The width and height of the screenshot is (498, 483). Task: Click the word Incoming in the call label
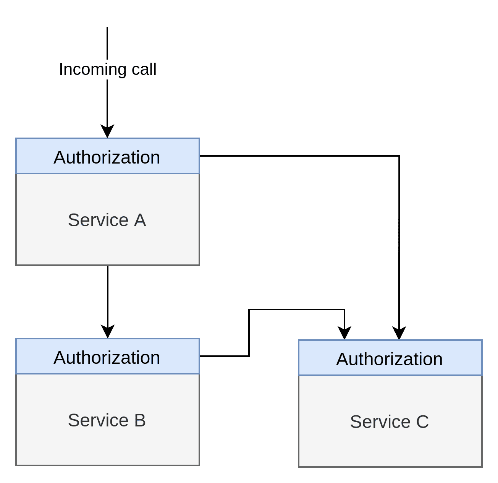pos(93,70)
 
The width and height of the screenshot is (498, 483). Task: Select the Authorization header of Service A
pos(107,156)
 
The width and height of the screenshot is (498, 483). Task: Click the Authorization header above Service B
pos(107,356)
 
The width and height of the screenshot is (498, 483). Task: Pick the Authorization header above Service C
pos(390,358)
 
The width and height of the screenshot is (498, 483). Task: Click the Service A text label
pos(107,220)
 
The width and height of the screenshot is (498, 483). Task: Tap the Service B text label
pos(107,420)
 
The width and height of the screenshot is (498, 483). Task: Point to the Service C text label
pos(389,422)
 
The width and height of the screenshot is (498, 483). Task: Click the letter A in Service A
pos(140,220)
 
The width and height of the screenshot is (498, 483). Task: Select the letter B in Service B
pos(140,420)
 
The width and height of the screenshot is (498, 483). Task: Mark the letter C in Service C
pos(422,422)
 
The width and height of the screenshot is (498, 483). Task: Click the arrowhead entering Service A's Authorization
pos(107,131)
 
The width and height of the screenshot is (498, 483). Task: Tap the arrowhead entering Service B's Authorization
pos(108,332)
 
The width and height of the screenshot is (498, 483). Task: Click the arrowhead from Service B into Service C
pos(344,333)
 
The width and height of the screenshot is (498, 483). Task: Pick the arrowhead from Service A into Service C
pos(399,333)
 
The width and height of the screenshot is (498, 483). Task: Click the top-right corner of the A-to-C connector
pos(399,156)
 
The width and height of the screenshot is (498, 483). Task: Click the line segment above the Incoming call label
pos(107,43)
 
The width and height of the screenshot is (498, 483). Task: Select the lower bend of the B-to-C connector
pos(249,356)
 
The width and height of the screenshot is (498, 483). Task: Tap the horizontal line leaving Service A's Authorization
pos(299,156)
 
